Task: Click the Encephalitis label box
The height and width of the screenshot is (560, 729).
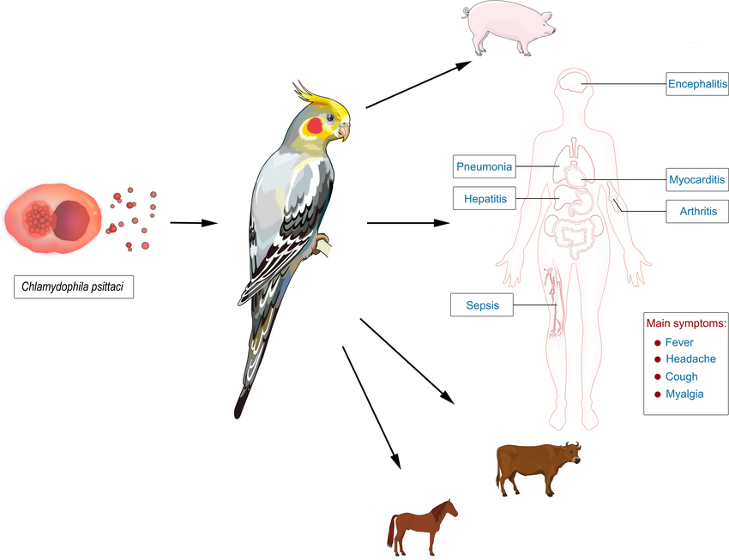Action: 696,84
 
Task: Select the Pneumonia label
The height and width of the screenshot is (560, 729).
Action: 485,166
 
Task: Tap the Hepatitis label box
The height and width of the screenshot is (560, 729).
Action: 485,199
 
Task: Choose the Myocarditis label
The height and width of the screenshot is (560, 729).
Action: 696,180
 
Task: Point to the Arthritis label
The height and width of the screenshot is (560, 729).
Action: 697,210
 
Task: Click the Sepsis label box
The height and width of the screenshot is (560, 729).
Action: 482,304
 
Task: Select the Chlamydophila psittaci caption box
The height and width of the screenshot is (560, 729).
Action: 74,286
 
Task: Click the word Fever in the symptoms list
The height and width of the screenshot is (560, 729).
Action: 679,342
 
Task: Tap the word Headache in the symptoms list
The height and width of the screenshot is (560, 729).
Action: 690,359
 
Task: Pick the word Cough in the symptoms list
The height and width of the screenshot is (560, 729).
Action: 681,376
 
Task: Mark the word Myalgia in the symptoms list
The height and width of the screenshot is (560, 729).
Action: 684,394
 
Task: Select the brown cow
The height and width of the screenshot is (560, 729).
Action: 535,467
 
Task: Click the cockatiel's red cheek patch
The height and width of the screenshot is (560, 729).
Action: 316,126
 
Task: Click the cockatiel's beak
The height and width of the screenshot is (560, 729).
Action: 344,131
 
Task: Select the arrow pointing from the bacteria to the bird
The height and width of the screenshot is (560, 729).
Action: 193,223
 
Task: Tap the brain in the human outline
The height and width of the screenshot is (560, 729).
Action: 571,84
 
